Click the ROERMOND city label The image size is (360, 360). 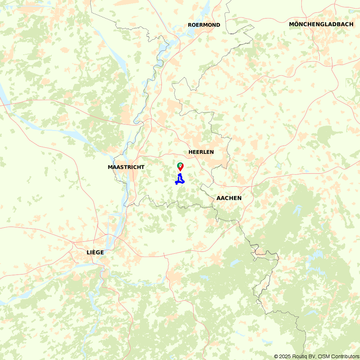pyautogui.click(x=204, y=25)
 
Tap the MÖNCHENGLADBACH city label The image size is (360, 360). pyautogui.click(x=321, y=24)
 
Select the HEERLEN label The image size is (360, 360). pyautogui.click(x=201, y=152)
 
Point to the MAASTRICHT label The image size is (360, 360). pyautogui.click(x=126, y=167)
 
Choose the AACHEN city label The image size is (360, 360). pyautogui.click(x=229, y=198)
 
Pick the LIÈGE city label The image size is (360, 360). pyautogui.click(x=95, y=252)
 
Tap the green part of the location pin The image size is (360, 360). pyautogui.click(x=180, y=165)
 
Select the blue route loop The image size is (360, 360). pyautogui.click(x=180, y=180)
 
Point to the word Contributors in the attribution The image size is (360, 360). pyautogui.click(x=345, y=356)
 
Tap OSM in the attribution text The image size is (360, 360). pyautogui.click(x=324, y=356)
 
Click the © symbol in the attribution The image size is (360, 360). pyautogui.click(x=276, y=356)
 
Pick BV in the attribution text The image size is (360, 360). pyautogui.click(x=312, y=356)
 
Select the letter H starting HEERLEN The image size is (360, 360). pyautogui.click(x=190, y=152)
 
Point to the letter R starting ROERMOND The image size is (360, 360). pyautogui.click(x=190, y=25)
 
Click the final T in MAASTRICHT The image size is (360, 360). pyautogui.click(x=143, y=167)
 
